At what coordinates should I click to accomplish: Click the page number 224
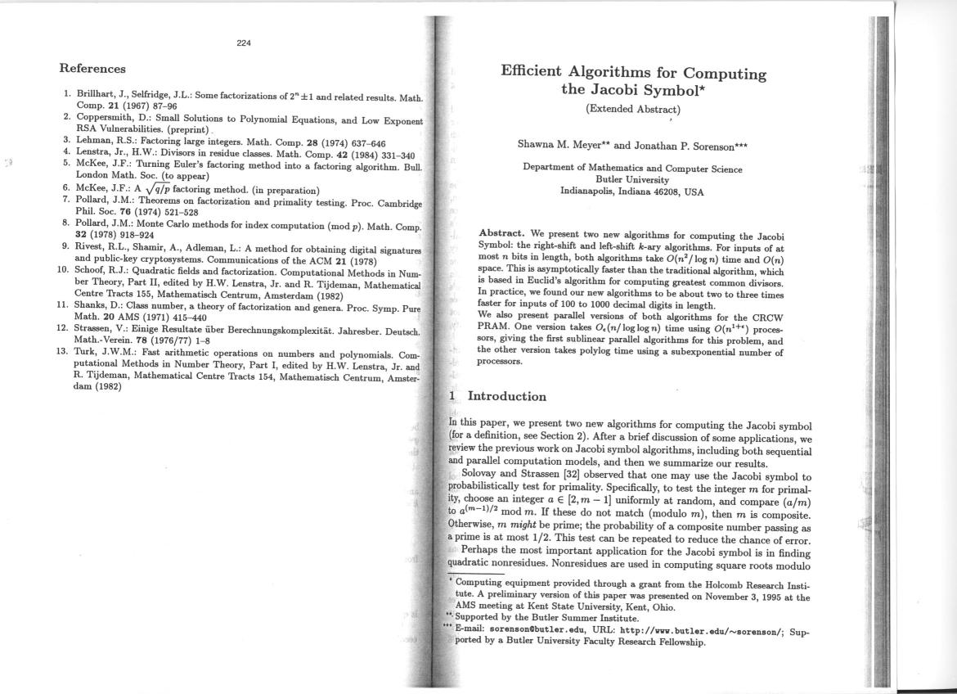pos(244,43)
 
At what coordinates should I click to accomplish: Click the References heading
pos(92,69)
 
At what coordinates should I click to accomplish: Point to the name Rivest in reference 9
pos(92,246)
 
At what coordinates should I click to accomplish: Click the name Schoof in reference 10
pos(92,269)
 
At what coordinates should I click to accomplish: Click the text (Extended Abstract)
pos(633,109)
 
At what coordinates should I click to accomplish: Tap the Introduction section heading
pos(506,397)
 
